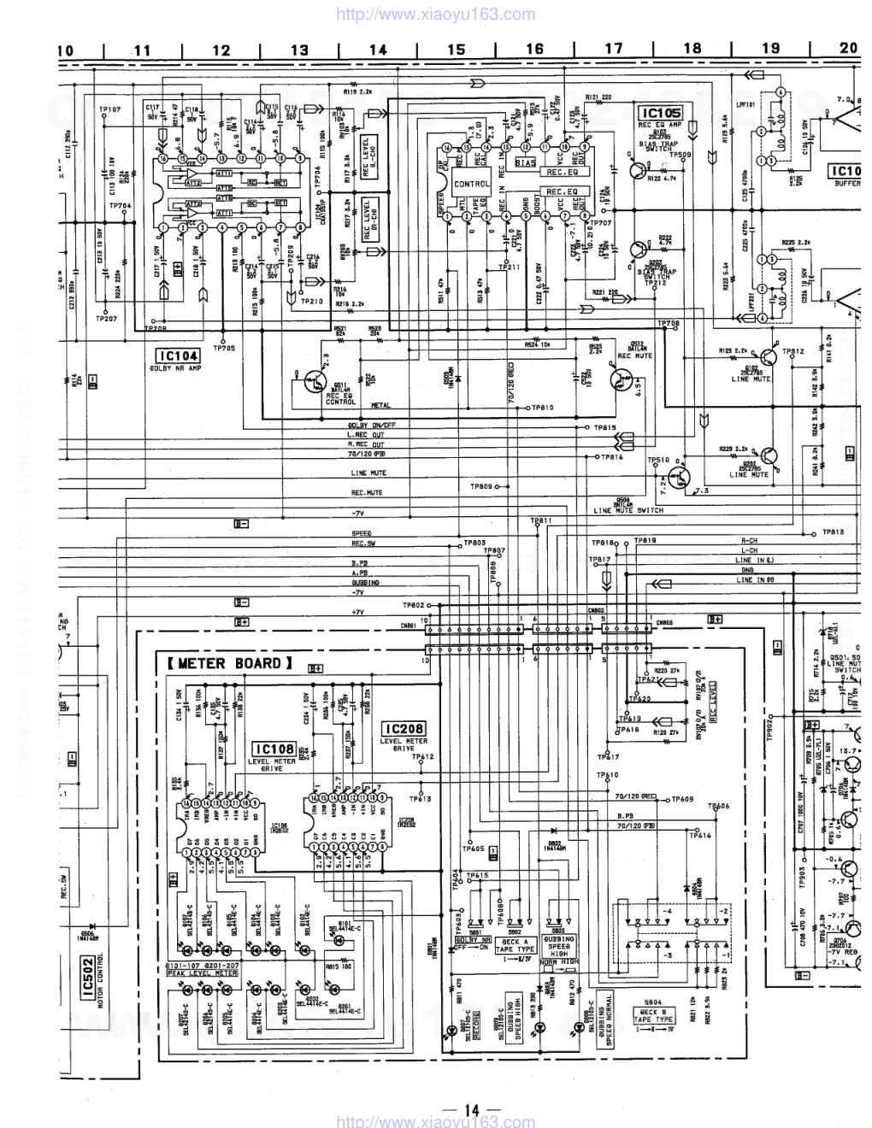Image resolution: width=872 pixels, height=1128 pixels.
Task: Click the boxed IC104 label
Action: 177,355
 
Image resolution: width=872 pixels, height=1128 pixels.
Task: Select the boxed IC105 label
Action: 662,113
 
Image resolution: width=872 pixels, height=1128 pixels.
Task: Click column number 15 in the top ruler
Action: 457,50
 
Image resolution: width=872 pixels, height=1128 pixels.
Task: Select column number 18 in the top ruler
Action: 692,50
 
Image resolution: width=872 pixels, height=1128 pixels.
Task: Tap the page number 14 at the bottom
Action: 472,1110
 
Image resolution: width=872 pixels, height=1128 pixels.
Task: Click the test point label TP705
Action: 224,348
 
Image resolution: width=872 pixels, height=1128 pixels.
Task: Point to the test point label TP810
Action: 544,408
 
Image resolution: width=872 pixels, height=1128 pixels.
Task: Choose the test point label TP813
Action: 834,532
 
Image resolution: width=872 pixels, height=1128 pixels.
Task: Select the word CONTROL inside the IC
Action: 471,184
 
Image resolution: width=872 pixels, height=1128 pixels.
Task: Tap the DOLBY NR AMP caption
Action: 178,368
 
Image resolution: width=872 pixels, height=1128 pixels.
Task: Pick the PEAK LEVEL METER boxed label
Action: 202,972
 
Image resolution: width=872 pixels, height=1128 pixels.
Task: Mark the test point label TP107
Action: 109,109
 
